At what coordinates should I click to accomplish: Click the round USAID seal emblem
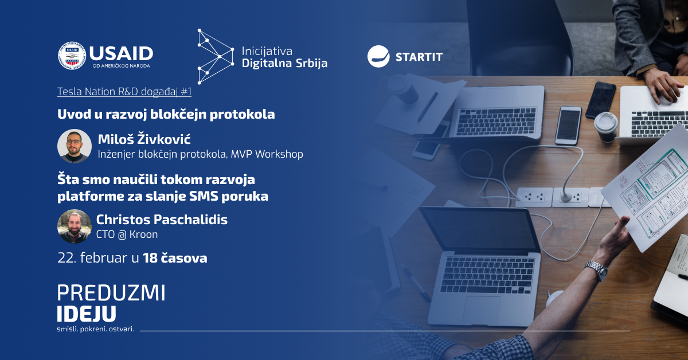click(x=72, y=56)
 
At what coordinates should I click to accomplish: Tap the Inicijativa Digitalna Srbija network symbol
click(x=216, y=57)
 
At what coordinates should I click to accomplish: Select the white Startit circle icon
click(x=378, y=57)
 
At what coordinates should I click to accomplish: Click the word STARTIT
click(x=419, y=57)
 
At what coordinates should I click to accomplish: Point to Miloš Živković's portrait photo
click(x=75, y=146)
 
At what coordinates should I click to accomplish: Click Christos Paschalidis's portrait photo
click(x=75, y=226)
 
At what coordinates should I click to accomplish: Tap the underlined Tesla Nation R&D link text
click(x=124, y=92)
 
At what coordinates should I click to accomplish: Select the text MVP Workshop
click(x=267, y=154)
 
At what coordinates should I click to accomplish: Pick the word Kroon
click(x=143, y=234)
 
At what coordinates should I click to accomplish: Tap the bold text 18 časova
click(x=175, y=258)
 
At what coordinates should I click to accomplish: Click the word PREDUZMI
click(x=111, y=293)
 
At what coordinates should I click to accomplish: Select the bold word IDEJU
click(x=87, y=314)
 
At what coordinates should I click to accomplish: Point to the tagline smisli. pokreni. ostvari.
click(x=96, y=329)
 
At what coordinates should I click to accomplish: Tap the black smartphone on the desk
click(x=600, y=100)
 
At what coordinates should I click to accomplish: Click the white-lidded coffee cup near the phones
click(x=605, y=127)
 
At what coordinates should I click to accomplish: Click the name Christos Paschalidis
click(x=162, y=220)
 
